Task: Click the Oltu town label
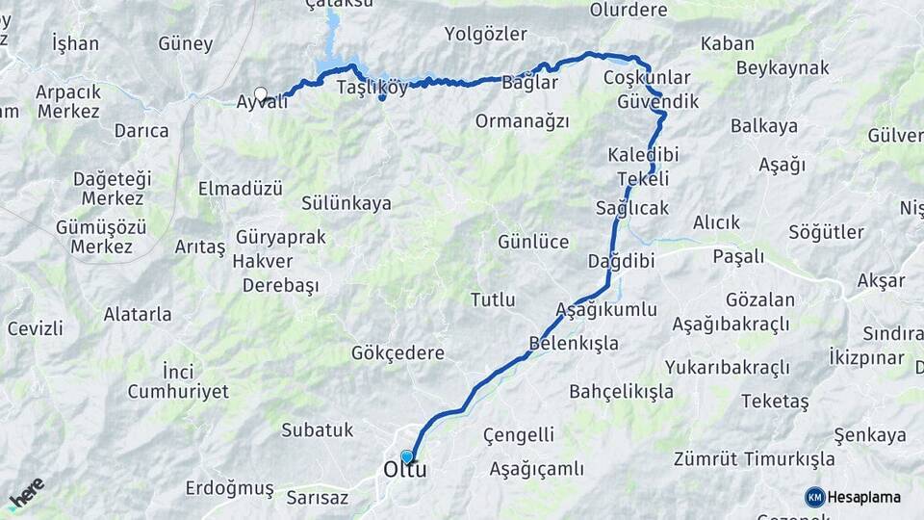coord(405,471)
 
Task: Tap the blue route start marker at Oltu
coord(407,456)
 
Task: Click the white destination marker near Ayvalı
coord(260,93)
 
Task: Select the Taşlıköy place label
coord(372,87)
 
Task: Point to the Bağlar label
coord(530,83)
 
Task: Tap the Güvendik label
coord(658,101)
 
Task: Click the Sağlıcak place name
coord(632,208)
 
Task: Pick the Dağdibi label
coord(622,261)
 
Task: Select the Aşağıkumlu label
coord(606,310)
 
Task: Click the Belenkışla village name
coord(574,343)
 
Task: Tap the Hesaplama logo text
coord(864,497)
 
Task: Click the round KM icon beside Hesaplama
coord(814,497)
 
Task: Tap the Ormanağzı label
coord(522,121)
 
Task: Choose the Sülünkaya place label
coord(346,203)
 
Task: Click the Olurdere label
coord(629,11)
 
